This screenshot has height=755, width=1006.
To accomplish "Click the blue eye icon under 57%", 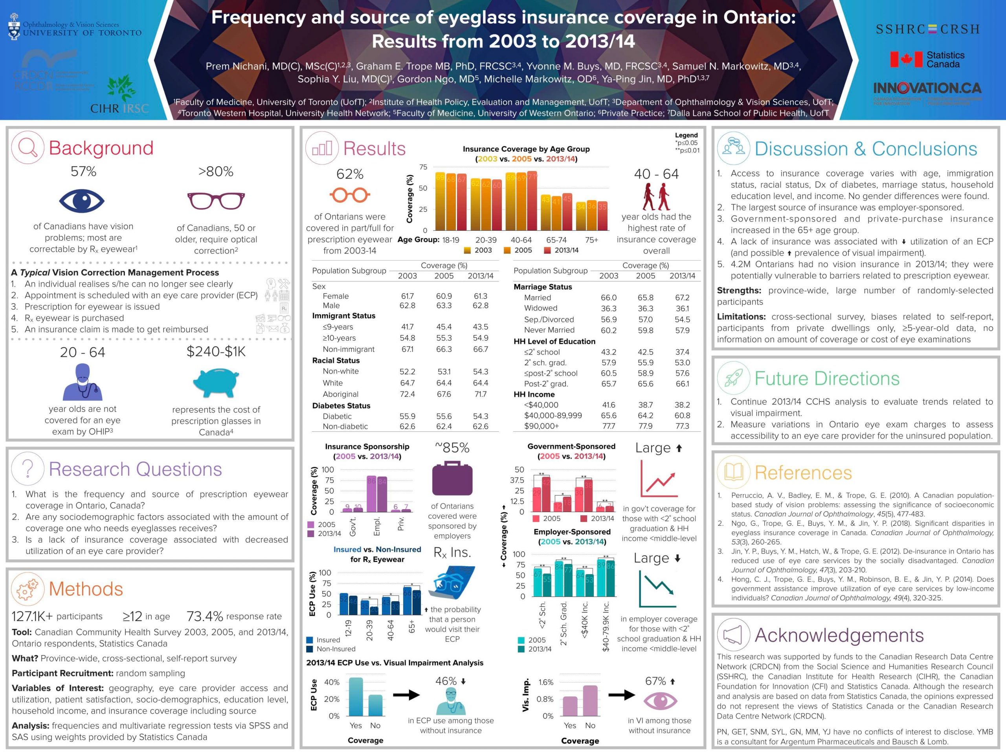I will point(82,201).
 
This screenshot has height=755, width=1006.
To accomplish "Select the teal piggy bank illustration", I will point(216,381).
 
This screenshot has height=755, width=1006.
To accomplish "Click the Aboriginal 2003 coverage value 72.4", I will point(407,394).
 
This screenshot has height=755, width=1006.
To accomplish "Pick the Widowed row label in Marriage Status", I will point(540,308).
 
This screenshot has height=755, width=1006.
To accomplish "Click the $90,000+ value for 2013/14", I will point(682,426).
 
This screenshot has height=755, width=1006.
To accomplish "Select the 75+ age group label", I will point(592,240).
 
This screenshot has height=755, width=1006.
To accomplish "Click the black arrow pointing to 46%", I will point(406,695).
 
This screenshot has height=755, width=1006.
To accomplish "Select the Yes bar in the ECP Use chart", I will point(356,697).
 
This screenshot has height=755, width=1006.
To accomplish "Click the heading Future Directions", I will point(827,379).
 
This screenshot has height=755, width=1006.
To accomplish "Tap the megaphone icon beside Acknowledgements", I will point(733,634).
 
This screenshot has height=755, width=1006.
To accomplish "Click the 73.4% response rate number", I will point(205,616).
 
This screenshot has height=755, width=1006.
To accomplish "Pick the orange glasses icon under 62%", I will point(350,195).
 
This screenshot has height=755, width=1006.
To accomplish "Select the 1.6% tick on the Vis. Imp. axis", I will point(546,682).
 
